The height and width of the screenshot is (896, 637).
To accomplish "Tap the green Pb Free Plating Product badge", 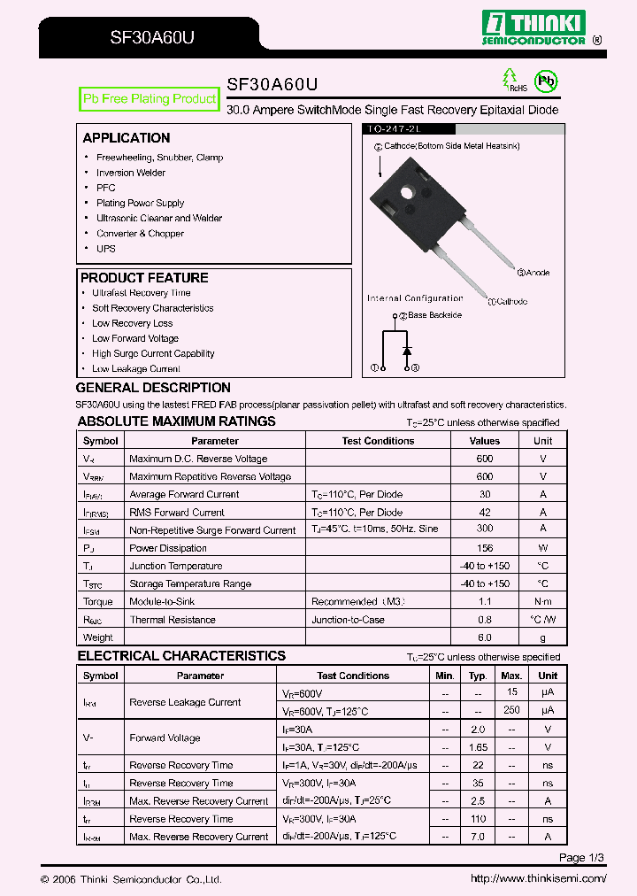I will click(x=149, y=99).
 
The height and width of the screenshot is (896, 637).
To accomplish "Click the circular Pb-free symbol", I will click(x=548, y=82).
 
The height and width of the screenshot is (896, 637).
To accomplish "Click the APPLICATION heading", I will click(x=127, y=138).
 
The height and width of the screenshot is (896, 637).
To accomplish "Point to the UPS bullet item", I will click(x=106, y=249).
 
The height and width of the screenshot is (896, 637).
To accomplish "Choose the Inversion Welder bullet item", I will click(x=130, y=173).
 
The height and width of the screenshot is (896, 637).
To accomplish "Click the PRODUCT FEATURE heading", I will click(x=144, y=278).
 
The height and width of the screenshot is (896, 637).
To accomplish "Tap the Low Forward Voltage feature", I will click(x=134, y=338).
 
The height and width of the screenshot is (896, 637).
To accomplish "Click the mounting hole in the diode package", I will click(x=408, y=191).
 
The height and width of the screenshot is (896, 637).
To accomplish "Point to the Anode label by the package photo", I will click(x=536, y=273).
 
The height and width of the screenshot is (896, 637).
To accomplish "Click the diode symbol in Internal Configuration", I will click(x=407, y=351).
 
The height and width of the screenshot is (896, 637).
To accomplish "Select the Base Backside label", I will click(x=434, y=315).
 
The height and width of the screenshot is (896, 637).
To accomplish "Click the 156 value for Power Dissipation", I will click(x=484, y=548).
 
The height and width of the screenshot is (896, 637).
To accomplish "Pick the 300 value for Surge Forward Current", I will click(x=484, y=529).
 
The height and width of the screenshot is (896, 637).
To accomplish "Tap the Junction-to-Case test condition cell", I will click(x=348, y=620).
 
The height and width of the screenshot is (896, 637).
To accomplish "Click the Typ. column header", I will click(x=478, y=676).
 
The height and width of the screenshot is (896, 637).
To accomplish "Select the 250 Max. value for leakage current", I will click(x=511, y=710).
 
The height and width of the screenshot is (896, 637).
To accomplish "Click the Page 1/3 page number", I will click(x=582, y=858).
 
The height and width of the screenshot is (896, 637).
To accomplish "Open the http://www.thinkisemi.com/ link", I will click(x=538, y=879).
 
